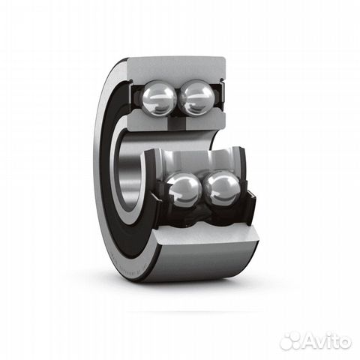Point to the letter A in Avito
click(311, 340)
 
